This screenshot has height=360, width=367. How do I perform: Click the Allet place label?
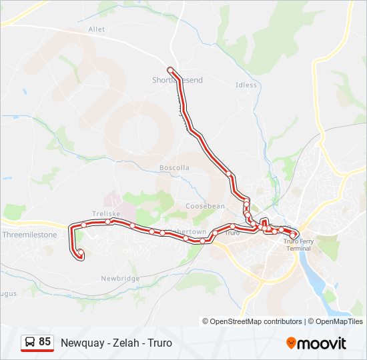coord(97,29)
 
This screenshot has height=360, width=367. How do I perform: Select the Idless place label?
coord(246,85)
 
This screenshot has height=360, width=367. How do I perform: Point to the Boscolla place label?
coord(174,167)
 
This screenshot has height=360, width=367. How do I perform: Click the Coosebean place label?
coord(205,207)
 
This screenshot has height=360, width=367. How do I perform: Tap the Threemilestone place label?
coord(29,235)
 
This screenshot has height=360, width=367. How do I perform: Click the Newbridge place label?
coord(120,278)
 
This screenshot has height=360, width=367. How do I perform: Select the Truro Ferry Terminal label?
coord(298,245)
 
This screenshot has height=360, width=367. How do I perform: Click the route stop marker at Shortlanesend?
coord(171,70)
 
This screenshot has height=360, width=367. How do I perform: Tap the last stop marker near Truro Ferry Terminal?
coord(293,235)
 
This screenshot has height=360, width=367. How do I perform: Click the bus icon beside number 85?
coord(30,343)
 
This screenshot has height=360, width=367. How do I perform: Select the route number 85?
coord(45,342)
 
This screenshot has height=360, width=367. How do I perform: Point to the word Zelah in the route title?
coord(123,343)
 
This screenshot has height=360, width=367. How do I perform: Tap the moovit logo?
coord(316,343)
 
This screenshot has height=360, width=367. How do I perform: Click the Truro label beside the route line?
coord(232,233)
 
